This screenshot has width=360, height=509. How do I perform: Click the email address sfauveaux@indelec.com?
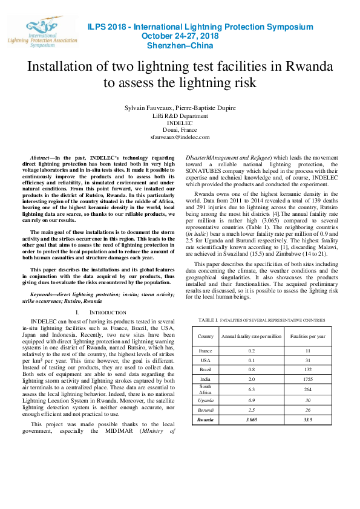[x=180, y=137]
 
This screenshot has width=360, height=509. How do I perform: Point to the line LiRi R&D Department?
[x=180, y=115]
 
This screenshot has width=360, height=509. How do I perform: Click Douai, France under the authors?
[x=180, y=130]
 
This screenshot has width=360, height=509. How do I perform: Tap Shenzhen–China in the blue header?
[x=180, y=45]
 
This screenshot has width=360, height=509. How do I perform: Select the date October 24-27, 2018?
[x=180, y=36]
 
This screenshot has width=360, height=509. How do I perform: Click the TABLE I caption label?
[x=208, y=320]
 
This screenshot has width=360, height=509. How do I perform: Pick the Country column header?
[x=206, y=336]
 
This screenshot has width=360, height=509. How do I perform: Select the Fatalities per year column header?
[x=309, y=336]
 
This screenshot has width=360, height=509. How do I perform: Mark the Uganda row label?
[x=206, y=400]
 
